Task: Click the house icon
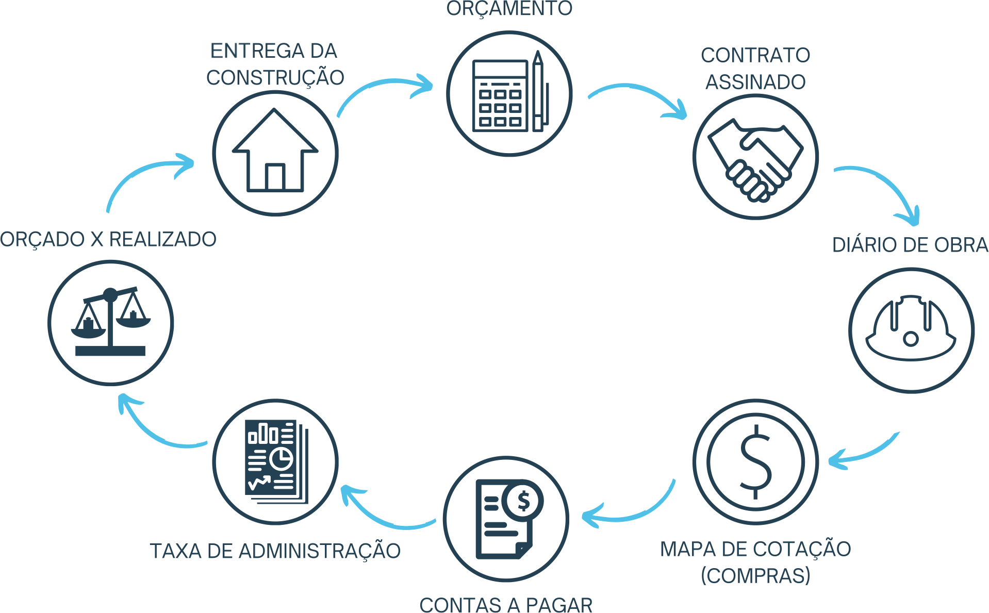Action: [275, 153]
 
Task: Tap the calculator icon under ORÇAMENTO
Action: [500, 96]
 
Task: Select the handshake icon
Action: [755, 158]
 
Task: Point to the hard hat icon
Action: [911, 329]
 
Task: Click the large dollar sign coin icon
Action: [755, 461]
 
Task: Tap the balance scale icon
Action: [110, 323]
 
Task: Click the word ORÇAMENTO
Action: [509, 8]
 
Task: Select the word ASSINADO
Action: [755, 82]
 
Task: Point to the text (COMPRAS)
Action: [755, 575]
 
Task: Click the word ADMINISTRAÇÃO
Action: [319, 551]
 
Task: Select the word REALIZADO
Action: [162, 239]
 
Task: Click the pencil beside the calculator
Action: [538, 93]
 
